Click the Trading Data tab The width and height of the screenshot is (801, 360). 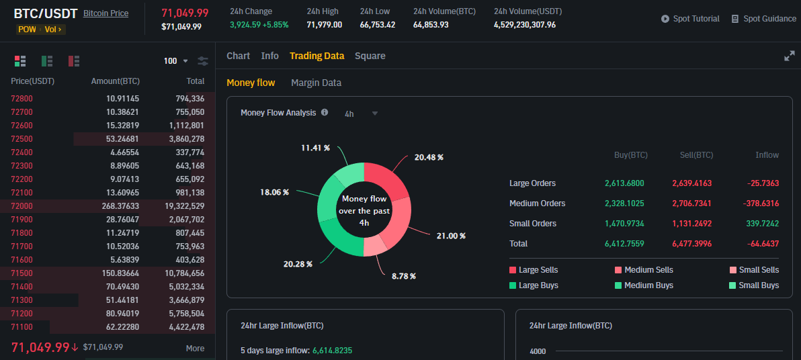coord(317,56)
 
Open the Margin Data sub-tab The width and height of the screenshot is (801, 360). coord(316,83)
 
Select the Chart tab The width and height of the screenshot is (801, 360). coord(238,56)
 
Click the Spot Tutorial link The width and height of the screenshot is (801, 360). coord(690,19)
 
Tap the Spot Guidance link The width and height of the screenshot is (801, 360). coord(763,19)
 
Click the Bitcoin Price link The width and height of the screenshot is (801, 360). coord(106,13)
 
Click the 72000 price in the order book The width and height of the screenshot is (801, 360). coord(22,206)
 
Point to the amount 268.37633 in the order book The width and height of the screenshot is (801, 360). coord(116,206)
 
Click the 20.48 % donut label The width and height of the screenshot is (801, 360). coord(429,157)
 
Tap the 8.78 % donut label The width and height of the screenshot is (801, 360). coord(404,276)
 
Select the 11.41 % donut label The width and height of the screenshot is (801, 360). coord(315,148)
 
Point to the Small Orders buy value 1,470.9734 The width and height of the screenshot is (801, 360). coord(624,224)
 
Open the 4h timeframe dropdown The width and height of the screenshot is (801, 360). coord(362,114)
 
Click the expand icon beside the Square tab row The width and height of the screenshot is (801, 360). coord(790,56)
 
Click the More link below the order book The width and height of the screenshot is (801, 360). coord(195,348)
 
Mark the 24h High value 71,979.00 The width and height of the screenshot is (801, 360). coord(324,25)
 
